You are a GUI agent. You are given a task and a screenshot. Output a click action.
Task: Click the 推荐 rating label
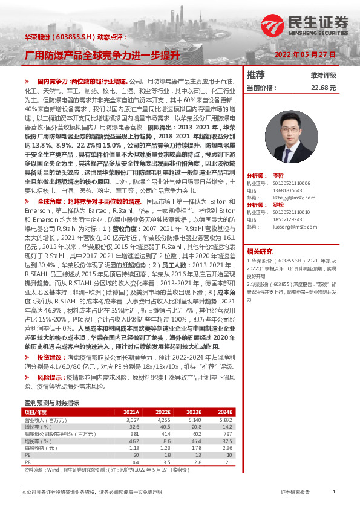coord(256,75)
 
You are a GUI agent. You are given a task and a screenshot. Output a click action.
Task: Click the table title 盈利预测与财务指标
coord(51,402)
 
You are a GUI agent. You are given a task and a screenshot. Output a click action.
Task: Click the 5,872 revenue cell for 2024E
coord(225,419)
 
